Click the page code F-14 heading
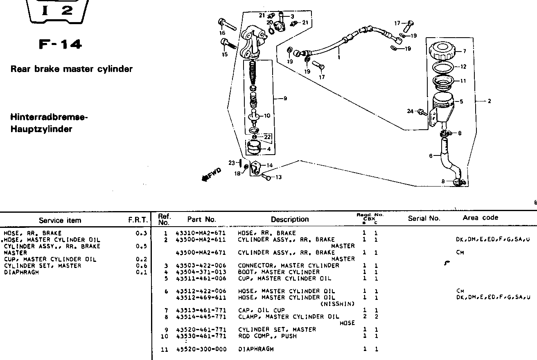pos(60,44)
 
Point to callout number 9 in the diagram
pos(285,98)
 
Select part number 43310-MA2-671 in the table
pos(201,233)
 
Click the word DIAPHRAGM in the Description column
pos(256,349)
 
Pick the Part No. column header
pos(201,220)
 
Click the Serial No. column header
pos(424,218)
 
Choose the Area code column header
pos(481,218)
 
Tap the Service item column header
pos(60,220)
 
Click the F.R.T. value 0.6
pos(142,265)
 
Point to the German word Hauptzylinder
pos(41,129)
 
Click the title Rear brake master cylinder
pos(72,69)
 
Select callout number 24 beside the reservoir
pos(410,111)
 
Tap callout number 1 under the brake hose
pos(339,58)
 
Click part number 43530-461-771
pos(201,336)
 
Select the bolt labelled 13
pos(266,177)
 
